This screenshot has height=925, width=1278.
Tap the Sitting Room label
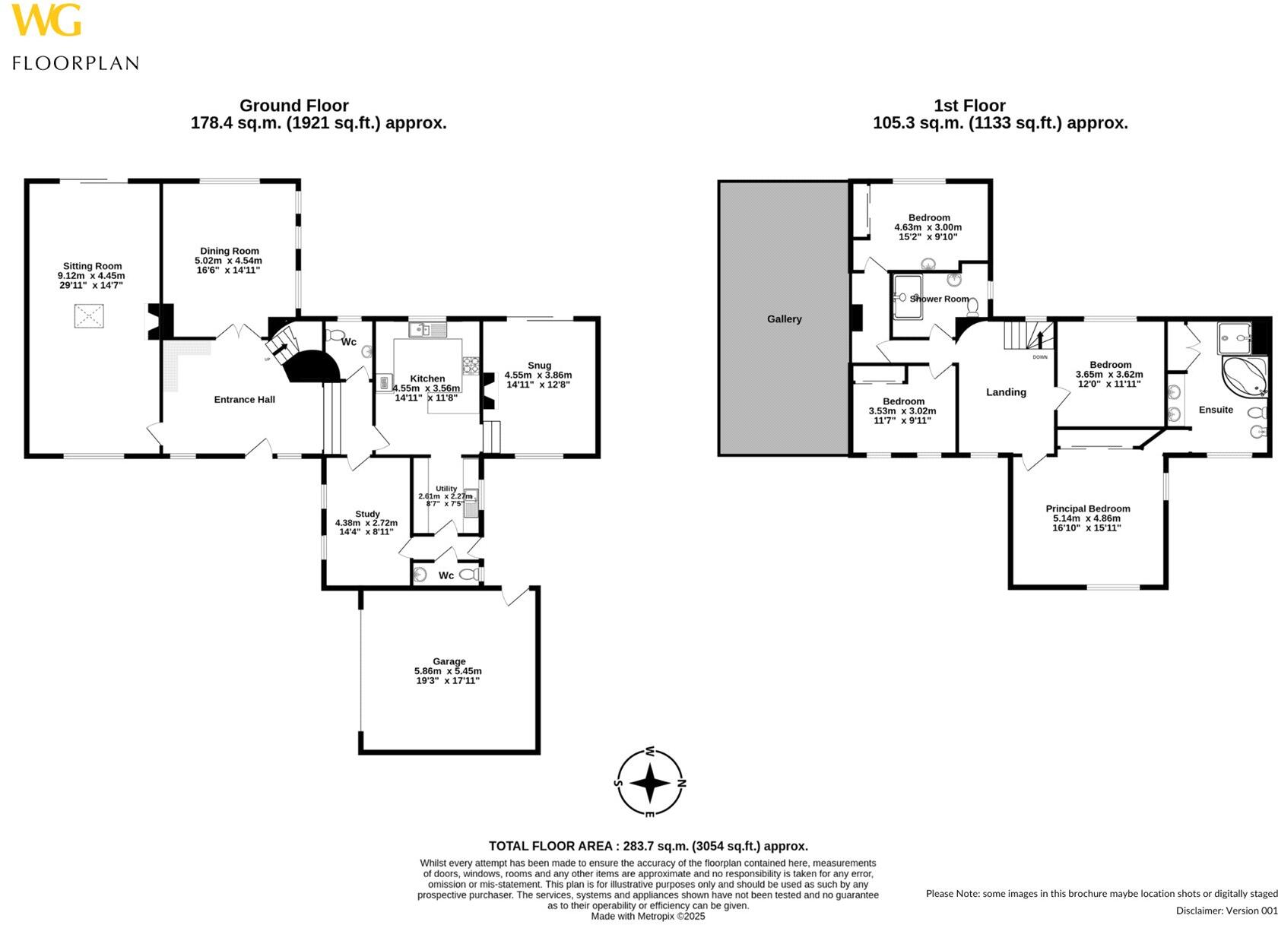coord(92,266)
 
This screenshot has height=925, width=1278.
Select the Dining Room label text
coord(230,251)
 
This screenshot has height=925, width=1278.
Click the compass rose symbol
coord(650,782)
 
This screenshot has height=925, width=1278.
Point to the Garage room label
coord(449,661)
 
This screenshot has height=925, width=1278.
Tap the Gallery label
coord(784,319)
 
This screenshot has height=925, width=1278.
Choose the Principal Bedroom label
coord(1087,508)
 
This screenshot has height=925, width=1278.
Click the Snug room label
coord(539,366)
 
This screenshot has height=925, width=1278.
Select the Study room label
coord(367,514)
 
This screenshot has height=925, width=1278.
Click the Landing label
coord(1006,392)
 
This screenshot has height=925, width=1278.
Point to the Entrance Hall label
coord(244,399)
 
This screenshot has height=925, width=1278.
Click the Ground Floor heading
coord(293,106)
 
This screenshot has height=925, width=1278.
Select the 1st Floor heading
coord(969,106)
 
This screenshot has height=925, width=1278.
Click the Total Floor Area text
coord(648,846)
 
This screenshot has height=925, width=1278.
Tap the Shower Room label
coord(939,299)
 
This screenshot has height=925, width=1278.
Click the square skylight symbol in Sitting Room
coord(89,315)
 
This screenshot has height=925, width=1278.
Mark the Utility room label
coord(446,489)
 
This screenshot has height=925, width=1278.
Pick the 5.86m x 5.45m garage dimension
coord(448,671)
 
